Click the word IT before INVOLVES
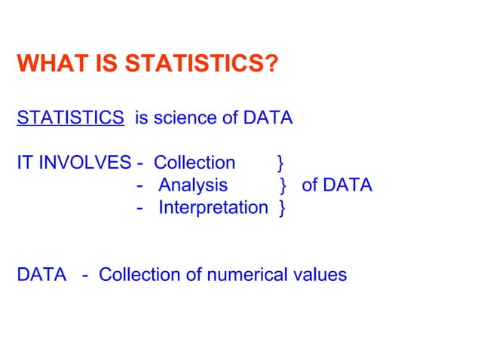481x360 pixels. point(23,163)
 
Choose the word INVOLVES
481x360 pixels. point(82,163)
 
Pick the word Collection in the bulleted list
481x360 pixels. point(195,163)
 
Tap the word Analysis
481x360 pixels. point(193,185)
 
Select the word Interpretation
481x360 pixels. point(213,207)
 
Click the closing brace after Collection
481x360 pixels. point(280,163)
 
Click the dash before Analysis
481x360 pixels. point(141,185)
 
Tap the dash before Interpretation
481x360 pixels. point(141,207)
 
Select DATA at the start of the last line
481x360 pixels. point(41,274)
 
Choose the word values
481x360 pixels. point(320,274)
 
